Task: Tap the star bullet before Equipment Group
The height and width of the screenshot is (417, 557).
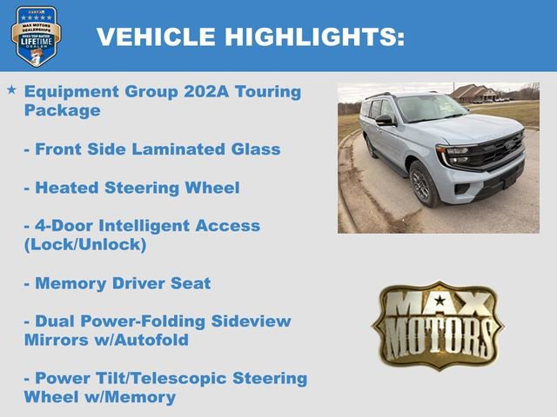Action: (11, 89)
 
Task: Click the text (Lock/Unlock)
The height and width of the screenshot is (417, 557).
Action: (85, 244)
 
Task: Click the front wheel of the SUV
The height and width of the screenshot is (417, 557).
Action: (424, 183)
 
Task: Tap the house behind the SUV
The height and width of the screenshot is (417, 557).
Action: (474, 93)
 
